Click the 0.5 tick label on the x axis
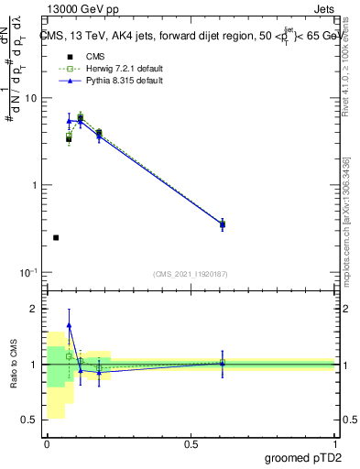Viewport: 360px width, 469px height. coord(191,443)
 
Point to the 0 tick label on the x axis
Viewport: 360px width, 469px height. coord(47,443)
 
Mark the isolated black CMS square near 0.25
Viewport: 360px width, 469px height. coord(56,237)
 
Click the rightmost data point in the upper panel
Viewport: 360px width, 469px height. coord(223,224)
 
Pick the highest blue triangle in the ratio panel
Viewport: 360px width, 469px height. coord(69,325)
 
